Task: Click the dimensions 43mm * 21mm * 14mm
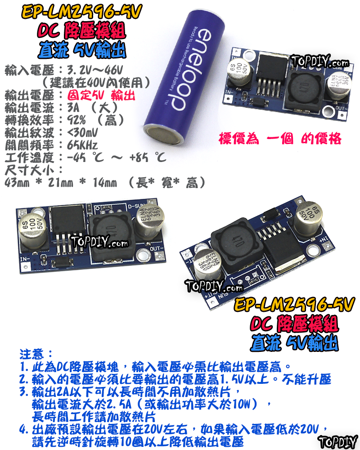[60, 182]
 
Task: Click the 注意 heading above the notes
[36, 352]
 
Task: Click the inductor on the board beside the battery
[304, 86]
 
